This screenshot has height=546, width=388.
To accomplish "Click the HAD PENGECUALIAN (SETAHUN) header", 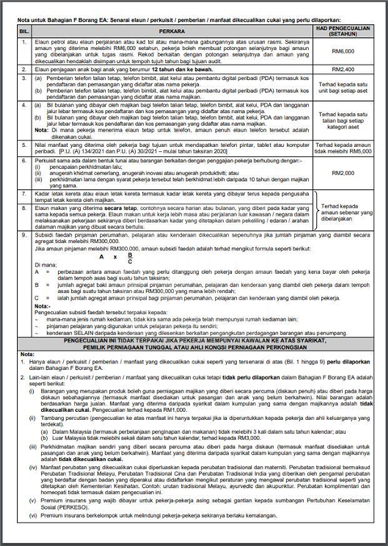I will click(344, 27).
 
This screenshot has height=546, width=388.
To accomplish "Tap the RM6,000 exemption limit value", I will click(344, 51).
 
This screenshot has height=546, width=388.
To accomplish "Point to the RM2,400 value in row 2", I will click(344, 71).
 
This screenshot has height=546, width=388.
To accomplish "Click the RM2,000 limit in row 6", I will click(344, 172).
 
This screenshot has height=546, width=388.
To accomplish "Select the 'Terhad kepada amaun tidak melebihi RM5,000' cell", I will click(344, 145).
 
